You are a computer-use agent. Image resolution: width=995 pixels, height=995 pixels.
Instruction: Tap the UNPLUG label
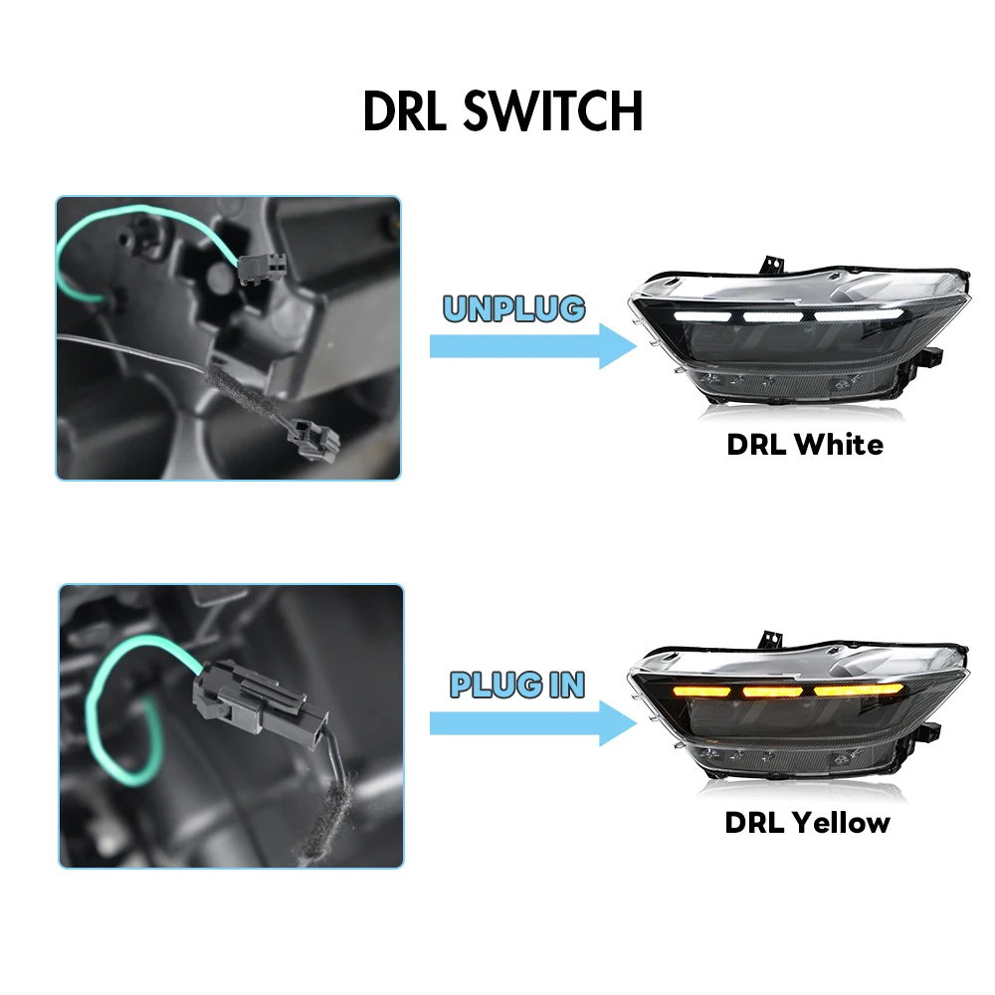tap(513, 308)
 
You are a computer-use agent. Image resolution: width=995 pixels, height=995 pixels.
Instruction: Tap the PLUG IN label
tap(516, 685)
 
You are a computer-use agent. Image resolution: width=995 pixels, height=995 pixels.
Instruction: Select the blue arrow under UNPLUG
tap(532, 346)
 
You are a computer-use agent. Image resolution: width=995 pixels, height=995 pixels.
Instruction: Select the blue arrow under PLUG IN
tap(532, 722)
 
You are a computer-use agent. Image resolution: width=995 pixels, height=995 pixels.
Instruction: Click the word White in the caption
tap(838, 444)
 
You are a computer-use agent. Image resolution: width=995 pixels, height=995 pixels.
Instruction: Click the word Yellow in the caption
tap(841, 822)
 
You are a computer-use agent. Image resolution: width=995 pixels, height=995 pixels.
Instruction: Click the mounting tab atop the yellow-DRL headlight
tap(769, 637)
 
